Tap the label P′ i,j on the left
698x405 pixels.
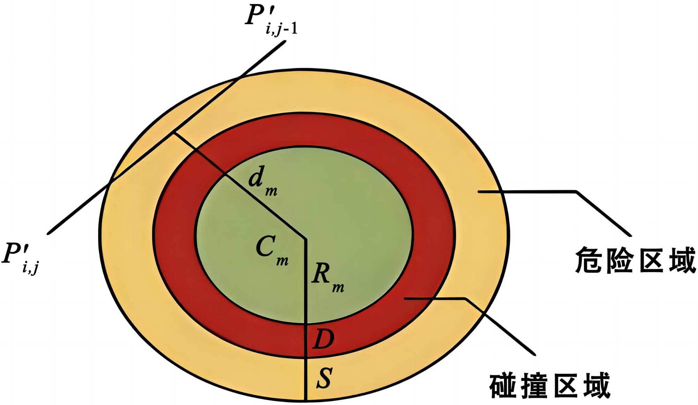tap(21, 258)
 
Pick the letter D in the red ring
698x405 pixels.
tap(323, 339)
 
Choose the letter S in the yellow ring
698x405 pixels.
tap(324, 378)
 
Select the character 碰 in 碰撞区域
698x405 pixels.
tap(503, 386)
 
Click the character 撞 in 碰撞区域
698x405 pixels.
tap(534, 386)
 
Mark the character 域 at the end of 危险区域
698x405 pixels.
tap(683, 260)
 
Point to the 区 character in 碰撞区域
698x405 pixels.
tap(565, 386)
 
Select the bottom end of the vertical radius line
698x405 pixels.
tap(306, 400)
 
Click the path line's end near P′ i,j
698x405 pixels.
tap(48, 233)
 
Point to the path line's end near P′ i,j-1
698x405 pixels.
tap(285, 41)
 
